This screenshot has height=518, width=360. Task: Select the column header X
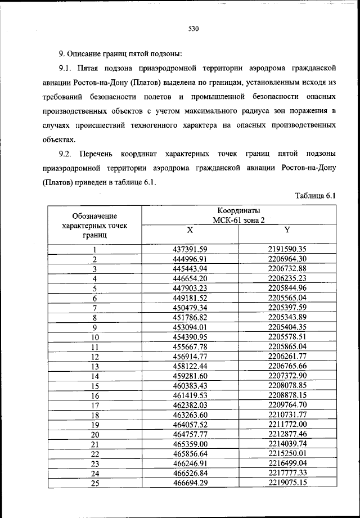tap(190, 231)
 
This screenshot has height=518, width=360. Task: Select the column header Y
tap(287, 231)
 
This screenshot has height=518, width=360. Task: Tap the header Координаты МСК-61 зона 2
tap(238, 215)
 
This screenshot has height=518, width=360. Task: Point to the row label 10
tap(95, 337)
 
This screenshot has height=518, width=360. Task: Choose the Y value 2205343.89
tap(287, 317)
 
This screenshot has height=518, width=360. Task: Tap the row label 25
tap(95, 483)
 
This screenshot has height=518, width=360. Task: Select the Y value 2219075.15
tap(287, 483)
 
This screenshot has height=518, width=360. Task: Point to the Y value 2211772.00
tap(287, 424)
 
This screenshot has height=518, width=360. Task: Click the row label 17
tap(95, 405)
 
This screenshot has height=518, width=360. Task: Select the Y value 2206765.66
tap(287, 366)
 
